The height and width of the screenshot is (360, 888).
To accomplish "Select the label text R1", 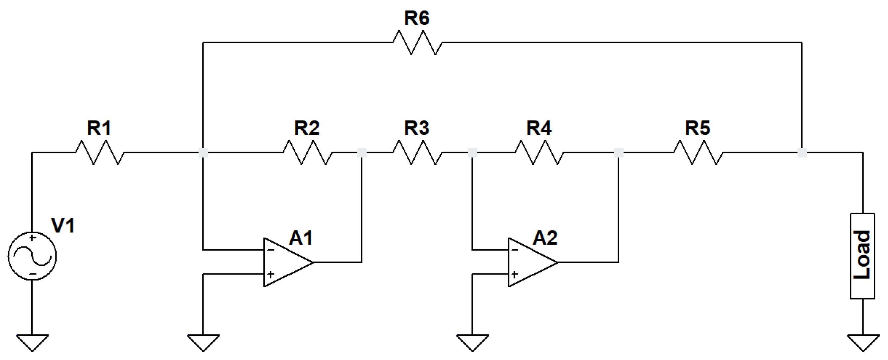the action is [99, 128].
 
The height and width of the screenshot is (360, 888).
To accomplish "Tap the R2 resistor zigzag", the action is [308, 152].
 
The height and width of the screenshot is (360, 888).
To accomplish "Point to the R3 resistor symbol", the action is [417, 152].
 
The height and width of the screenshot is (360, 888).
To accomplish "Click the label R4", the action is [539, 128].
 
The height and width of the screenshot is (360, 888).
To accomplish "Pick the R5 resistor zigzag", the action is [698, 152].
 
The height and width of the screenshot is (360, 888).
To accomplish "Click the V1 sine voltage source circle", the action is [32, 256].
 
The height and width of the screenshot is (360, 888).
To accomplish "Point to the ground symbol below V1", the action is [32, 342].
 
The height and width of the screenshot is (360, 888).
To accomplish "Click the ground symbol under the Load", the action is [862, 342].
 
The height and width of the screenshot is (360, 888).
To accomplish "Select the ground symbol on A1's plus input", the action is [203, 342].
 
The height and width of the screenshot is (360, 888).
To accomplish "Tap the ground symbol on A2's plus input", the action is [472, 342].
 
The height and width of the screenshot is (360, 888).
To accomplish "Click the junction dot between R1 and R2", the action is [204, 152].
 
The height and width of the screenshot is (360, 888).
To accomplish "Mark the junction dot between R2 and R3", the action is [362, 152].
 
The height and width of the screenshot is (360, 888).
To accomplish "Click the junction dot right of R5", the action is [802, 152].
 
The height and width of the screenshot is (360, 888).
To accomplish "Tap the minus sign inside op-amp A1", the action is [271, 250].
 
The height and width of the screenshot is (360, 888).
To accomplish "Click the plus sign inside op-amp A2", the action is [514, 274].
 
